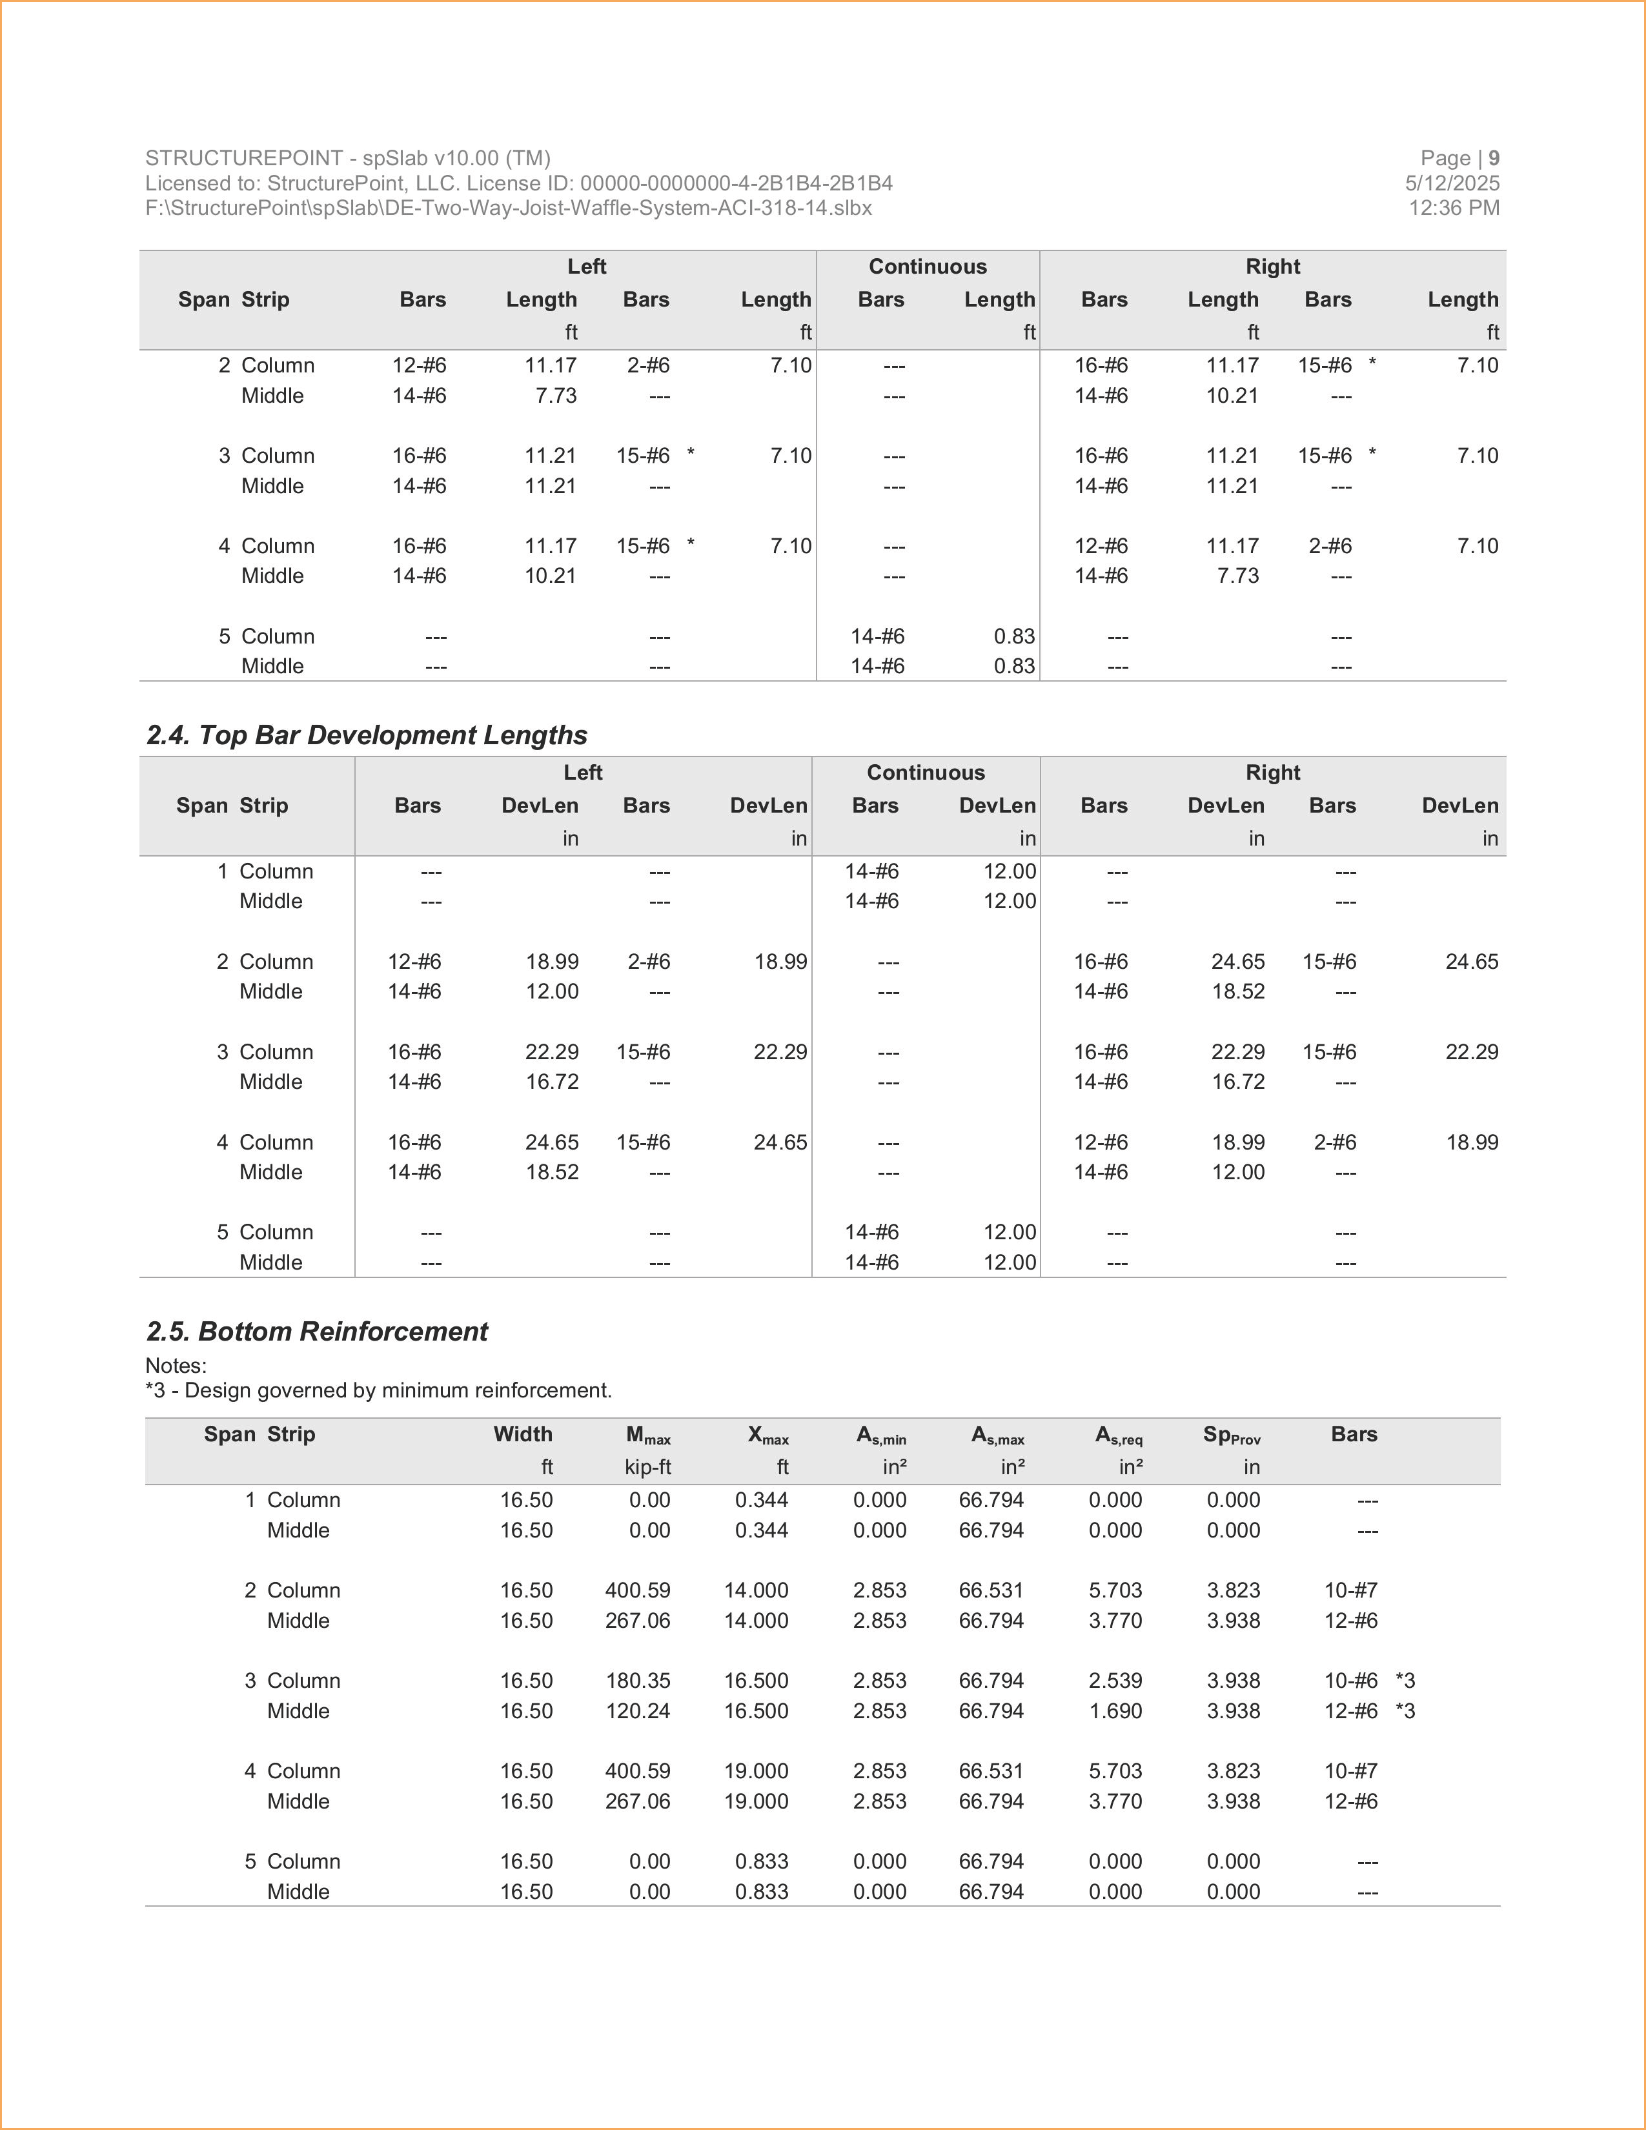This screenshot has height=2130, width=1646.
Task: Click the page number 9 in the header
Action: [x=1493, y=158]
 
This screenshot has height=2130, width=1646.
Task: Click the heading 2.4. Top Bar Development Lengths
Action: [x=367, y=735]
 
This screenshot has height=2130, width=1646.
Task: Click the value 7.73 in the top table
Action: [x=556, y=396]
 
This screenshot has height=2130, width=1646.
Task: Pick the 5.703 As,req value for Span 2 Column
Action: [x=1115, y=1590]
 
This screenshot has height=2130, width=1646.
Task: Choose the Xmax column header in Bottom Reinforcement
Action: [x=768, y=1435]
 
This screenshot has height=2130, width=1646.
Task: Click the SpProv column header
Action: [x=1232, y=1435]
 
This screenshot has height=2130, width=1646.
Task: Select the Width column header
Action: [x=523, y=1435]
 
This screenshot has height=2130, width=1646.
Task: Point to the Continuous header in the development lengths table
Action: [x=926, y=773]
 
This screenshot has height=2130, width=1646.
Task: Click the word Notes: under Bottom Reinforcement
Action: [x=176, y=1365]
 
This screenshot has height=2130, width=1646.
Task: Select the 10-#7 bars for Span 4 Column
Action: [x=1350, y=1771]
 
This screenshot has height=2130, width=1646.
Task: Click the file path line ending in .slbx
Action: [x=508, y=208]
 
